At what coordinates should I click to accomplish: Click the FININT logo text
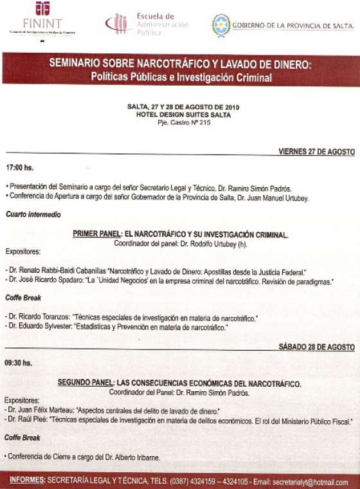click(x=42, y=24)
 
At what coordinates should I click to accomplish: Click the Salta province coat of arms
click(x=221, y=25)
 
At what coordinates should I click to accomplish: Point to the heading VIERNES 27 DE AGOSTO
click(x=316, y=152)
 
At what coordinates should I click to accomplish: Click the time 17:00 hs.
click(x=19, y=167)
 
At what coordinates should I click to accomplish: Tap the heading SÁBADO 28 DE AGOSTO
click(x=316, y=347)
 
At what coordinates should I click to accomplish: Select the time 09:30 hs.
click(x=19, y=362)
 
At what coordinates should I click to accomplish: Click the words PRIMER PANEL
click(x=93, y=235)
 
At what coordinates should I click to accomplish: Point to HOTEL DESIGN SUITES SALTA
click(x=183, y=113)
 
